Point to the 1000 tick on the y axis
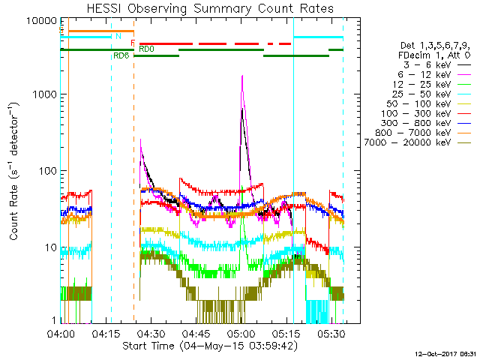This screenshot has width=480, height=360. [x=46, y=94]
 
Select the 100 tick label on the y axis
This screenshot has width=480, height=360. [x=49, y=171]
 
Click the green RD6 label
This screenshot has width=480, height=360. [x=121, y=56]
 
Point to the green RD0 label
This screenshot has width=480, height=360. [x=146, y=49]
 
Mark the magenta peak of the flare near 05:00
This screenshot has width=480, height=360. [x=242, y=76]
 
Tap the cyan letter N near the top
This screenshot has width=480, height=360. [x=118, y=36]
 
